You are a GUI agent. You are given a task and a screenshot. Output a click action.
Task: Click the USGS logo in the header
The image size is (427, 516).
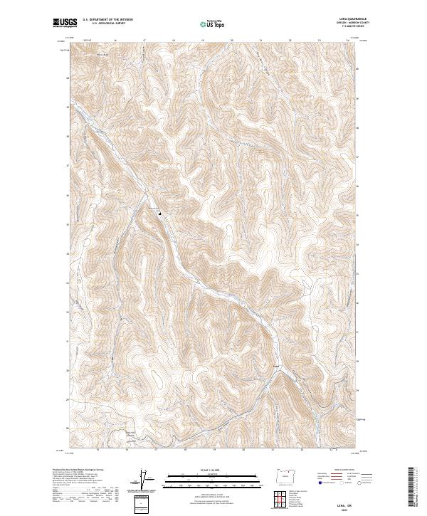(65, 23)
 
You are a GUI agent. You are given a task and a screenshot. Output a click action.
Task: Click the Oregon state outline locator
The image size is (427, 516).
(284, 477)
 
